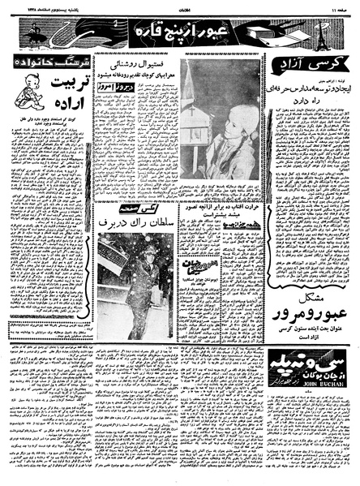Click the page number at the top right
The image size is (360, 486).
point(340,6)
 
